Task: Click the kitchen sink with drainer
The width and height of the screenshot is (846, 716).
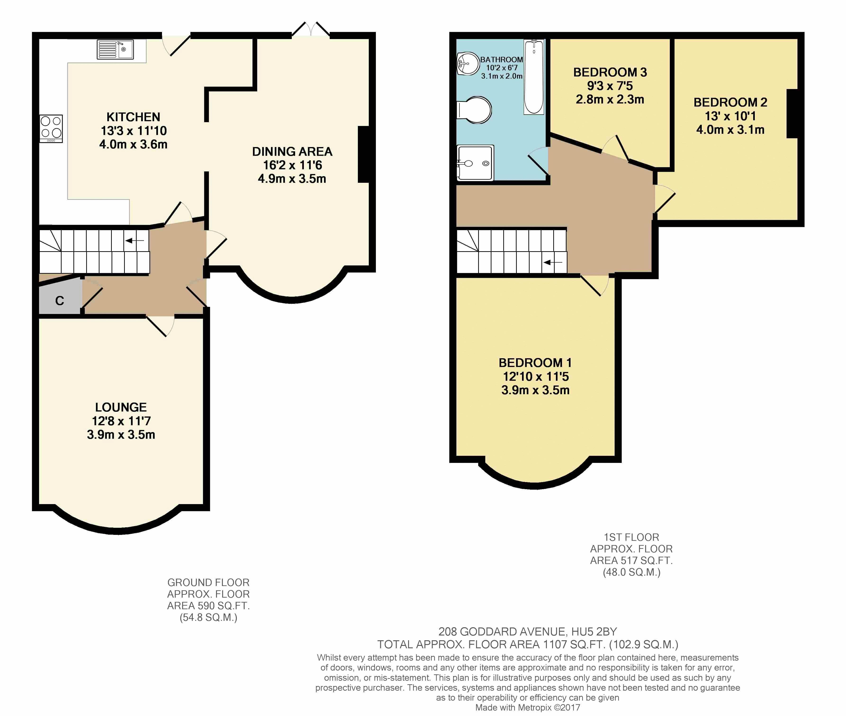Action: pos(115,49)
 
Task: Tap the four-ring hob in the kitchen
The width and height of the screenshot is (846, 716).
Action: pos(51,128)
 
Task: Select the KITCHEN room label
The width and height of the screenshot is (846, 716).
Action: pos(133,117)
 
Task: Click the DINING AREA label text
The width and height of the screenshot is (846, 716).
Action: pos(292,151)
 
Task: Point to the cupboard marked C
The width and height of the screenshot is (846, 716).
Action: pos(60,295)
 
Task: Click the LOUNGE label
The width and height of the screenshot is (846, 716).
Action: pos(121,407)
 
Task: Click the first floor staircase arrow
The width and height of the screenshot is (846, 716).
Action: pos(553,262)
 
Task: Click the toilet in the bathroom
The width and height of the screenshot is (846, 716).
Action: pos(474,110)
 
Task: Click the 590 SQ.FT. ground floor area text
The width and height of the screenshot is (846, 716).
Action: pos(224,606)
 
